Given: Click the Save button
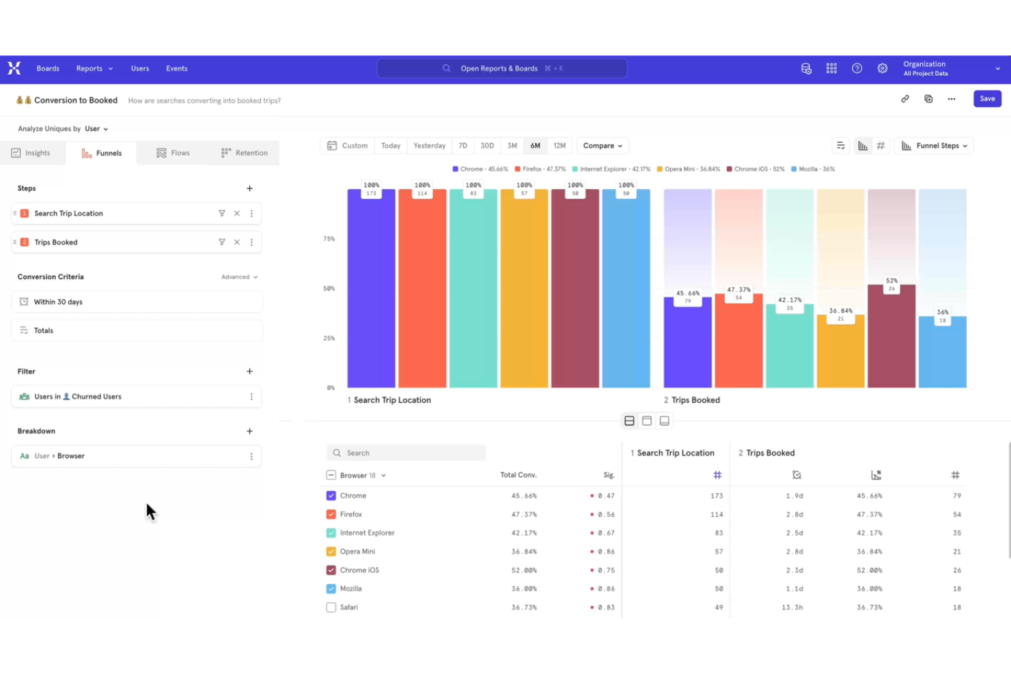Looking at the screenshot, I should tap(986, 99).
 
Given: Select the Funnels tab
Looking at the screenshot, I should tap(102, 153).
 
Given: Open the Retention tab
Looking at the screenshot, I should tap(244, 153).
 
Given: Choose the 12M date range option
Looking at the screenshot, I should tap(559, 145).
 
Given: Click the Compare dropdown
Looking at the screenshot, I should tap(602, 145).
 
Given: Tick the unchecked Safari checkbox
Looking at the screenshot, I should tap(331, 607).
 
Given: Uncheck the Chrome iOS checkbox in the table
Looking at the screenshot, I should tap(331, 570).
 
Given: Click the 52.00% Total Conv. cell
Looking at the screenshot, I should tap(524, 570).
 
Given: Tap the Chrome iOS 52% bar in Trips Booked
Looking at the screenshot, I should tap(891, 338).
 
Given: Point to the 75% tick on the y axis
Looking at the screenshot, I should tap(329, 239).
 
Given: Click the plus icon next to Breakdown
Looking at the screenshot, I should tap(249, 432).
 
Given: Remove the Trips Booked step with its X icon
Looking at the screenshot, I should tap(237, 242).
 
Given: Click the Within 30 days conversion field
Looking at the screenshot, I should tap(137, 302).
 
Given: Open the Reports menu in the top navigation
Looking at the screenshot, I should tap(94, 69).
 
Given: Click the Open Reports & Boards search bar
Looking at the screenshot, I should tap(501, 69).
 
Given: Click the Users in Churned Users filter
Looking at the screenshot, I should tap(130, 397).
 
